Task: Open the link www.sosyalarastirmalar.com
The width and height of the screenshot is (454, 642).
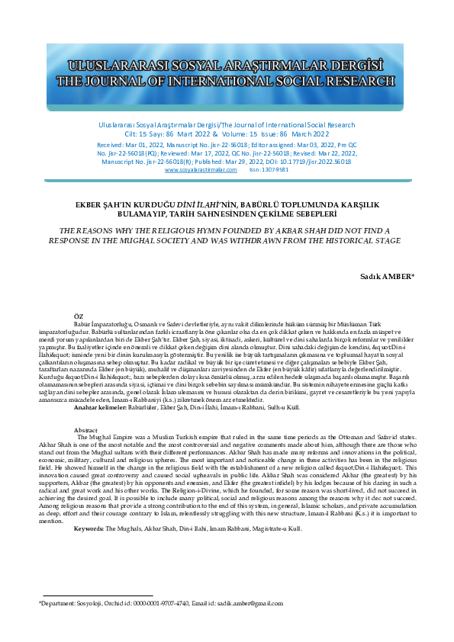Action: tap(201, 170)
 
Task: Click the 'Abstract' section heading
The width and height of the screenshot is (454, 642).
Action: tap(86, 429)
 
